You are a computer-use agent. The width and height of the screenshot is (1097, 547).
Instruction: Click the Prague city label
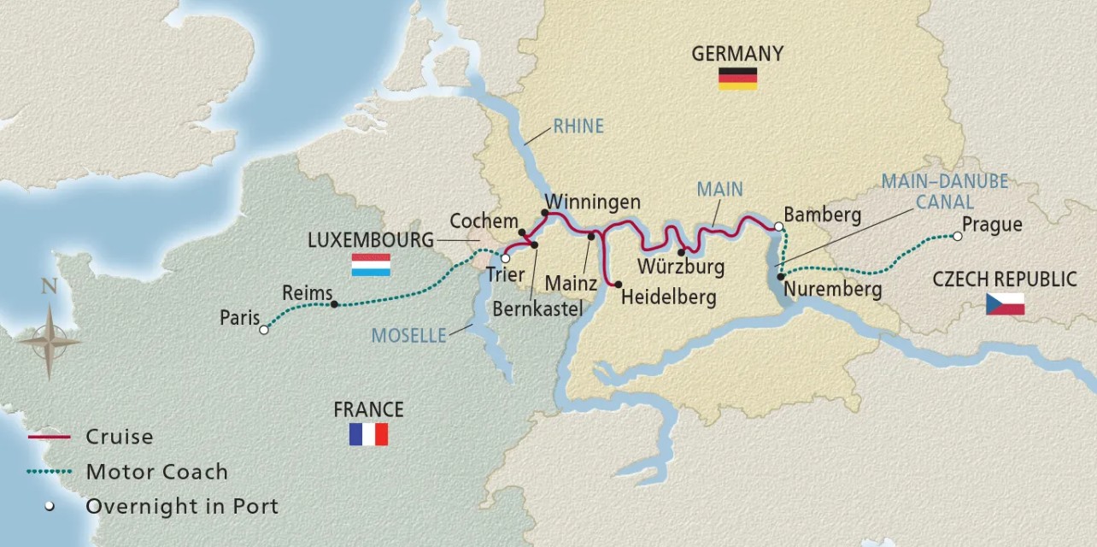click(992, 226)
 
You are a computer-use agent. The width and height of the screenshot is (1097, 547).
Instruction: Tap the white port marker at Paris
click(264, 329)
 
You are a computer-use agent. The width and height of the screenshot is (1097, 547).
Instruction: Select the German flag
click(737, 79)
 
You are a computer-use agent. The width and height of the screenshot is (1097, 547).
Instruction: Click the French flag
click(368, 434)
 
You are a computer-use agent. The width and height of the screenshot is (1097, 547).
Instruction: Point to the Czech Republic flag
click(1005, 303)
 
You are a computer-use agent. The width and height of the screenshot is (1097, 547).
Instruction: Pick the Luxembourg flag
click(371, 265)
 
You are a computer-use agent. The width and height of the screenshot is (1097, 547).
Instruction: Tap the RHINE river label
click(578, 126)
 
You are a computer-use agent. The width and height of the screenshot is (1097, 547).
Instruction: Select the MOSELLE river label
click(408, 336)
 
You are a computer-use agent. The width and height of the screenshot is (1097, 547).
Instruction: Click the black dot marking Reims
click(334, 304)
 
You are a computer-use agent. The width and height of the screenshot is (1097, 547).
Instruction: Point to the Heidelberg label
click(669, 297)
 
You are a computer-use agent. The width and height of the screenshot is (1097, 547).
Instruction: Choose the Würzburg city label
click(680, 266)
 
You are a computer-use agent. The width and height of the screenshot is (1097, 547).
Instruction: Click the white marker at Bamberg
click(778, 226)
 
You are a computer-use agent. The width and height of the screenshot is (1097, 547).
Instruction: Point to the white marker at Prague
click(957, 236)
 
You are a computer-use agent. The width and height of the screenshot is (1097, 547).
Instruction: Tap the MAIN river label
click(719, 189)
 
